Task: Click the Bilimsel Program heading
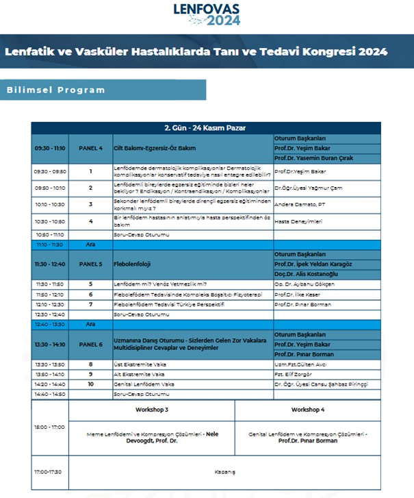(56, 90)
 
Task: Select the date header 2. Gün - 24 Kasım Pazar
(205, 128)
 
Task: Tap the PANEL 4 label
(90, 148)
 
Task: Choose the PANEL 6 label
(90, 345)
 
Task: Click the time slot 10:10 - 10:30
(50, 204)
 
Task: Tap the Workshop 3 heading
(153, 410)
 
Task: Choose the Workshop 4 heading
(308, 410)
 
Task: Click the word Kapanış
(225, 472)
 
